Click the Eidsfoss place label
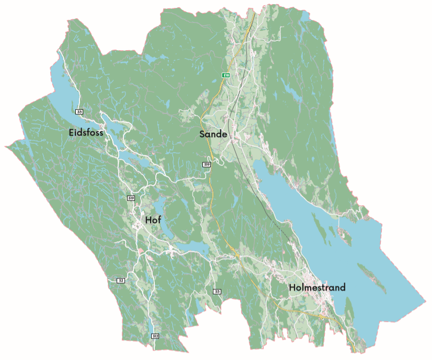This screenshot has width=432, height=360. [x=86, y=133]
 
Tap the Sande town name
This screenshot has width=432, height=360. [x=213, y=134]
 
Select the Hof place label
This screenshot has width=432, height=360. [x=153, y=220]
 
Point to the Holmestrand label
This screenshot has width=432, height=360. [x=317, y=287]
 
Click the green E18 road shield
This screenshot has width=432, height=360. [x=226, y=75]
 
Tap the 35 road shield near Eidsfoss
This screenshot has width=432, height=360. [x=79, y=112]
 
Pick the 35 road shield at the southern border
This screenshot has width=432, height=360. [x=217, y=291]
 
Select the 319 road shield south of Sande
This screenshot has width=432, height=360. [x=207, y=165]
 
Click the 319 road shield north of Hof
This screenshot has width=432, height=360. [x=131, y=198]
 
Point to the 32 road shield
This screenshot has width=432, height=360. [x=121, y=281]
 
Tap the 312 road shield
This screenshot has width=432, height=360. [x=155, y=336]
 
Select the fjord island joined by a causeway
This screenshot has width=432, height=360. [x=345, y=234]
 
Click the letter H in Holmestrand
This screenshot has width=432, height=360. [x=292, y=287]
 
